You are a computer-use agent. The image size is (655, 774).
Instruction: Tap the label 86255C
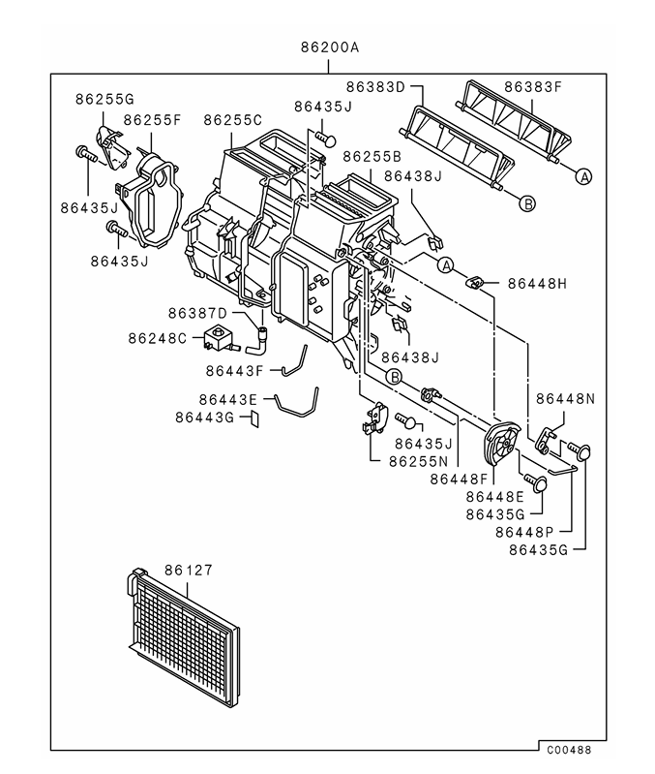tap(232, 120)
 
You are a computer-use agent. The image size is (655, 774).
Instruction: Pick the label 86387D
tap(196, 313)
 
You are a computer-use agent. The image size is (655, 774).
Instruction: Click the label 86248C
tap(158, 338)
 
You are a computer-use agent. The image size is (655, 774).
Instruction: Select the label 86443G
tap(204, 418)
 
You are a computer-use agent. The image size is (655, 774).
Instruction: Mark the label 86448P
tap(523, 532)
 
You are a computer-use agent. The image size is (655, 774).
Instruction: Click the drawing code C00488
tap(568, 749)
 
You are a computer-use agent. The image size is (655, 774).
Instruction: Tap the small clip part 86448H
tap(475, 282)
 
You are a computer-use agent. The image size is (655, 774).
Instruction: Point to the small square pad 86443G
tap(255, 418)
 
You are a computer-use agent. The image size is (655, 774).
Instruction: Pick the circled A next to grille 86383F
tap(583, 176)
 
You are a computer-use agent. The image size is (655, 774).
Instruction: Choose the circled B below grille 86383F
tap(527, 203)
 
